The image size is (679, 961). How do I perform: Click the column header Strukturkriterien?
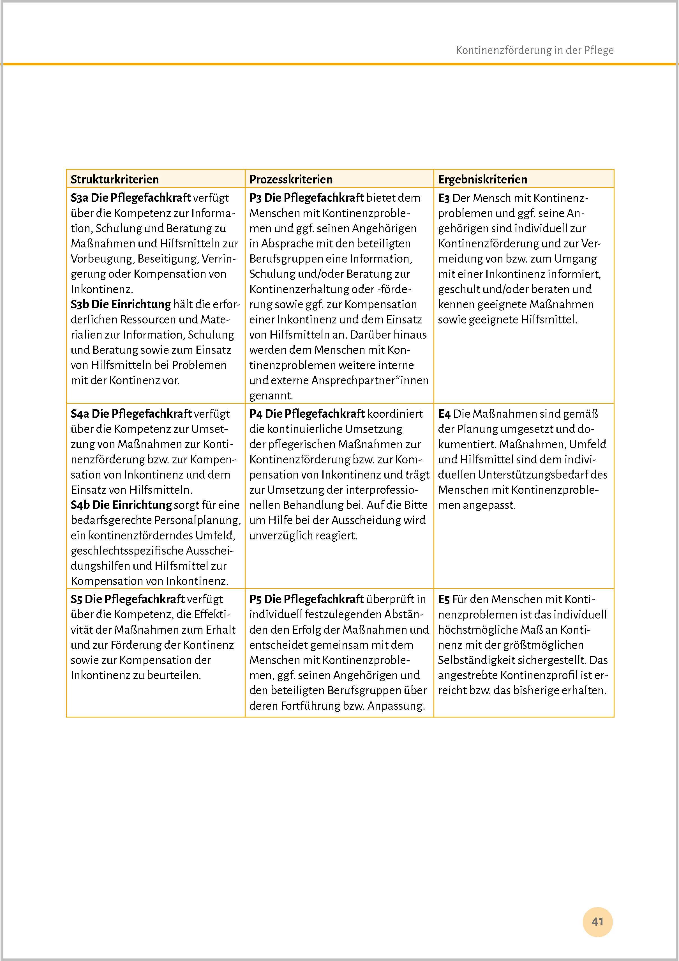coord(115,180)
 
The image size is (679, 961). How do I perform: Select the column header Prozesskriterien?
coord(291,180)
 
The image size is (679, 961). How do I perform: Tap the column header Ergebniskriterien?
coord(482,180)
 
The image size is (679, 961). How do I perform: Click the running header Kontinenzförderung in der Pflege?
coord(534,50)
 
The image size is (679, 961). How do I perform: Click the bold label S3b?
coord(80,304)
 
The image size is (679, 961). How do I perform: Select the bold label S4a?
coord(80,414)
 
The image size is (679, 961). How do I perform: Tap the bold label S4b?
coord(80,505)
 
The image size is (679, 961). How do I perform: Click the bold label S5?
coord(77,599)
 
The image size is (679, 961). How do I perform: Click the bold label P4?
coord(256,414)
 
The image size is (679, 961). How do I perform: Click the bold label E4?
coord(444,414)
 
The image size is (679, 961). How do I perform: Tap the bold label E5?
coord(444,599)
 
